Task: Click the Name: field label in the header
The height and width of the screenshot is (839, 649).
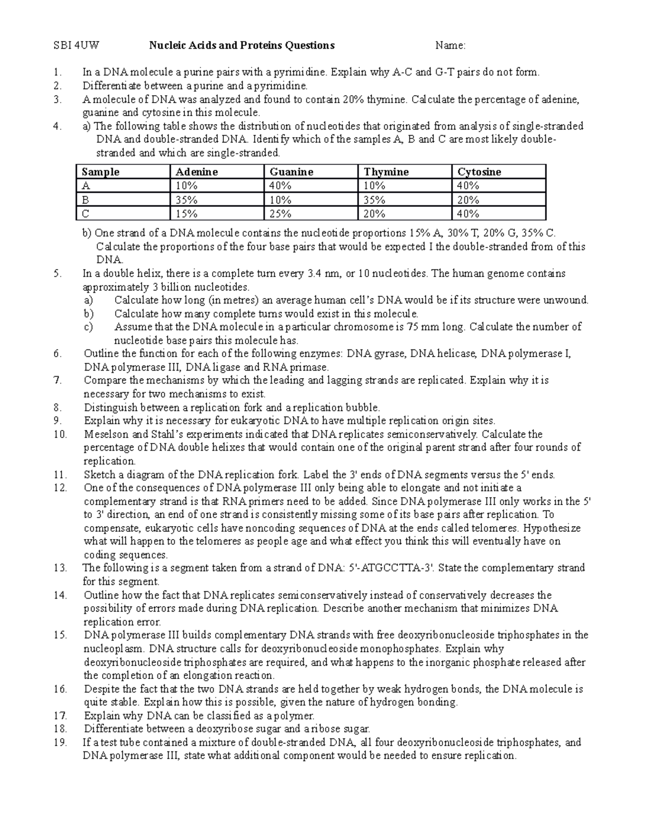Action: pyautogui.click(x=451, y=45)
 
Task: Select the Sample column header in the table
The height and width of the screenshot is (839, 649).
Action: pyautogui.click(x=100, y=172)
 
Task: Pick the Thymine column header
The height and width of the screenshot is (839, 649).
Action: pyautogui.click(x=386, y=172)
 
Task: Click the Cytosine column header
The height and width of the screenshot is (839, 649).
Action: pyautogui.click(x=479, y=172)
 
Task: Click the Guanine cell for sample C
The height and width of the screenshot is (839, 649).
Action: pyautogui.click(x=280, y=214)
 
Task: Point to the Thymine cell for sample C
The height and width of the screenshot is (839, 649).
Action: pyautogui.click(x=374, y=214)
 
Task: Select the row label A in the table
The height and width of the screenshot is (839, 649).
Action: pyautogui.click(x=85, y=186)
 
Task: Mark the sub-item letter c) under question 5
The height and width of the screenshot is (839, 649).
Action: pyautogui.click(x=88, y=327)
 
